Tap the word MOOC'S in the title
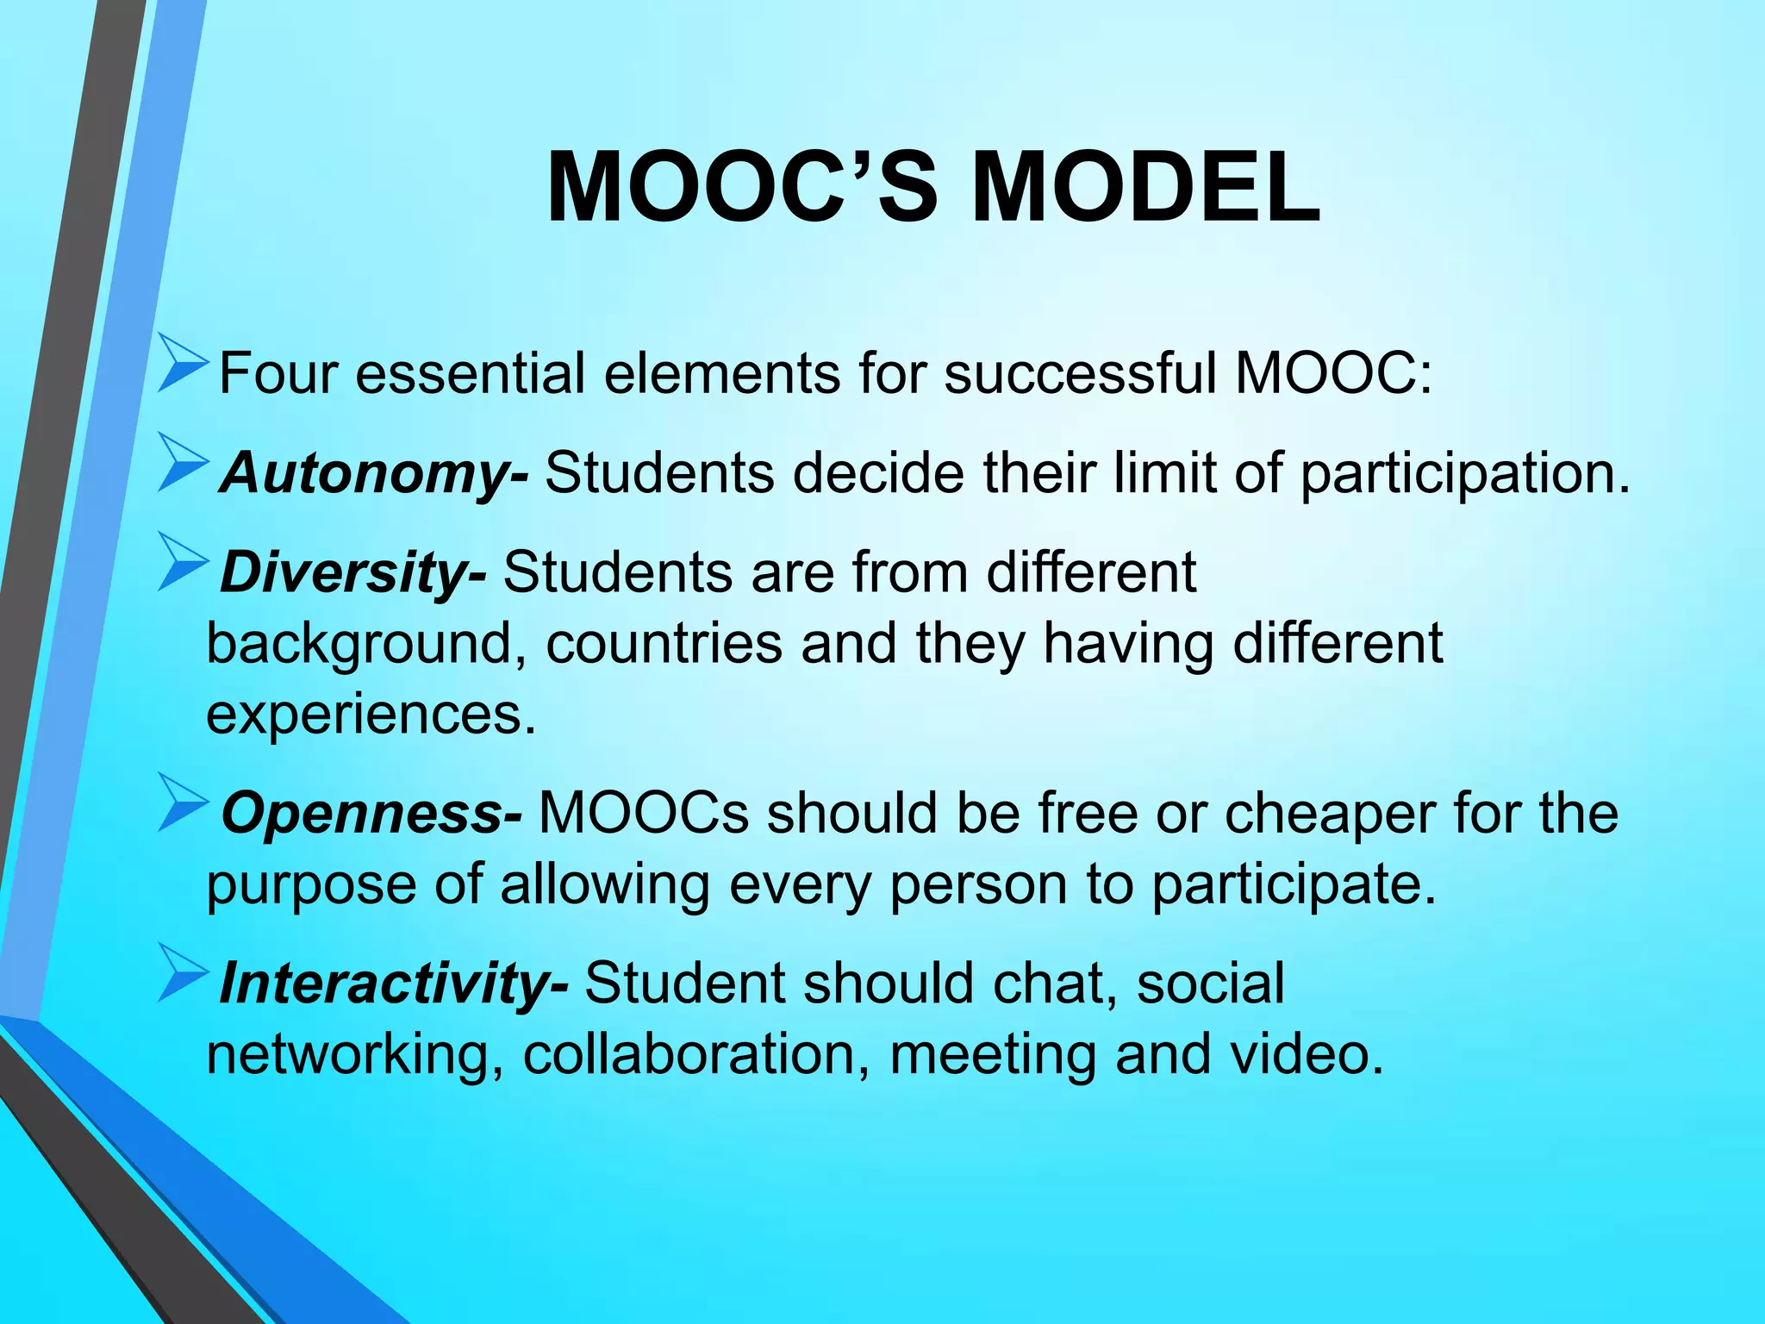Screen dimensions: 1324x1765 (x=742, y=188)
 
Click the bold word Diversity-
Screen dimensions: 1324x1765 (x=352, y=572)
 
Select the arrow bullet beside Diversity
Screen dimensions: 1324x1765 (x=182, y=563)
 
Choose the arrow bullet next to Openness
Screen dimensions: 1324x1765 (x=182, y=803)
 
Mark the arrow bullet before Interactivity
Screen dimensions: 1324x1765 (x=182, y=973)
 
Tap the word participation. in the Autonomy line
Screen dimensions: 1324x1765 (x=1465, y=474)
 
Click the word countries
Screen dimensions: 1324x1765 (x=664, y=644)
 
